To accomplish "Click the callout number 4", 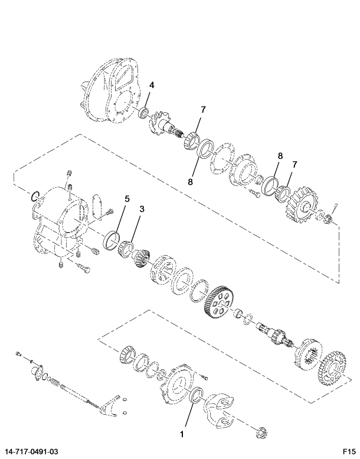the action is (x=152, y=85).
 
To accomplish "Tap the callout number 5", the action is (x=127, y=198).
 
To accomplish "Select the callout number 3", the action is (x=142, y=209).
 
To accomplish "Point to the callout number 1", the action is (x=182, y=434).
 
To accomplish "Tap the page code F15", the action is (x=349, y=452).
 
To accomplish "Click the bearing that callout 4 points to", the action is (x=143, y=113).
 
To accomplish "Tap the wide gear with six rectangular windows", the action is (x=218, y=304).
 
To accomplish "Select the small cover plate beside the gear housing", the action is (x=97, y=206).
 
